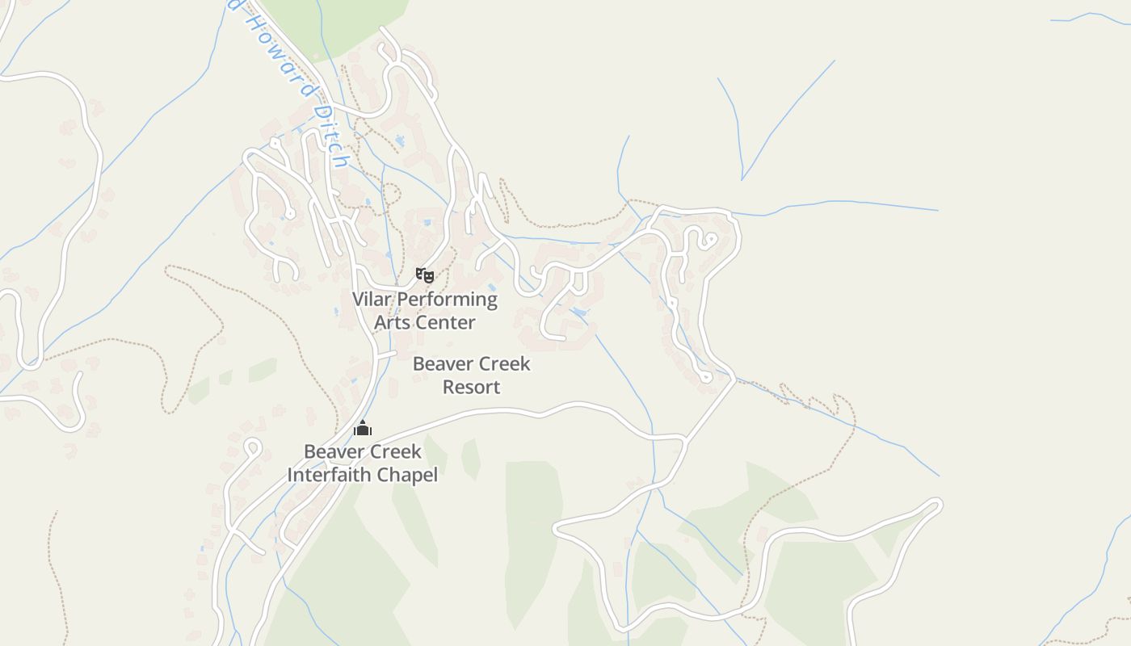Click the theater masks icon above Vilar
click(x=425, y=275)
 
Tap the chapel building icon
click(x=363, y=428)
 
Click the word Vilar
click(x=372, y=300)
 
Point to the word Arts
click(x=392, y=322)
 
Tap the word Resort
click(x=472, y=387)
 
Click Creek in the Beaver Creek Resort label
click(x=504, y=364)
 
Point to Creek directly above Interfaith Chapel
click(x=395, y=451)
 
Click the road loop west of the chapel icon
click(x=252, y=445)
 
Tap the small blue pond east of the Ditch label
click(x=399, y=141)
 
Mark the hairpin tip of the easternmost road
click(x=936, y=505)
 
